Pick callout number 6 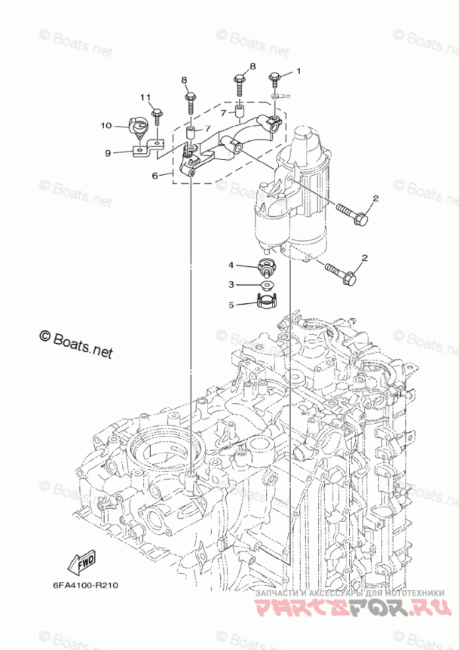point(155,176)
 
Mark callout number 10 point(105,125)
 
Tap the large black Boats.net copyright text point(76,343)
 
